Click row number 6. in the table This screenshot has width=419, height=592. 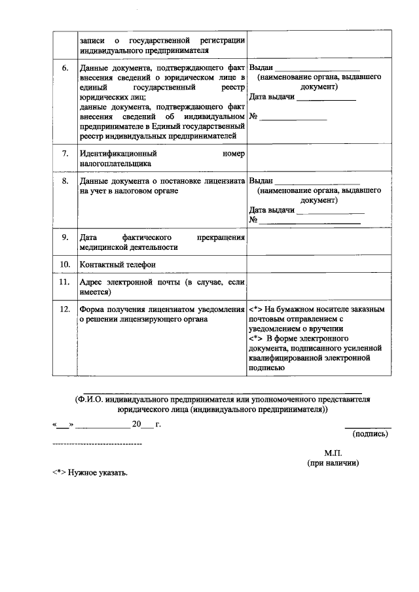coord(64,68)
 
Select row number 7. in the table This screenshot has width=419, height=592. coord(64,154)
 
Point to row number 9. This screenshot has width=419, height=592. coord(64,237)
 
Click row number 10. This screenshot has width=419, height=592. coord(64,264)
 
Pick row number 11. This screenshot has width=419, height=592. coord(64,282)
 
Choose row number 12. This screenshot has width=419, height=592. coord(64,308)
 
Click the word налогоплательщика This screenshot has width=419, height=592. coord(115,164)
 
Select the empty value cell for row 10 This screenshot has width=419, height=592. coord(315,264)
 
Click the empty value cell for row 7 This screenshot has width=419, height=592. coord(315,159)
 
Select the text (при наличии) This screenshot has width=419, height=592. coord(333,462)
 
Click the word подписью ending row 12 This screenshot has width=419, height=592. coord(266,368)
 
